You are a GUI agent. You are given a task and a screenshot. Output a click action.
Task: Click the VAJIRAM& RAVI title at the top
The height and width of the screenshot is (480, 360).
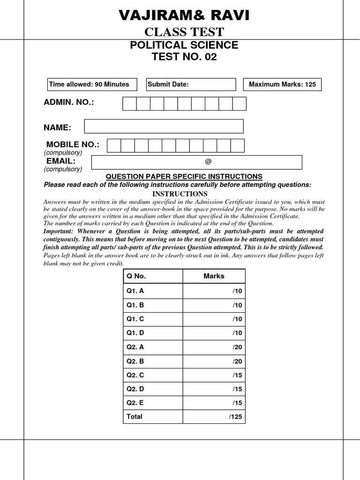(184, 16)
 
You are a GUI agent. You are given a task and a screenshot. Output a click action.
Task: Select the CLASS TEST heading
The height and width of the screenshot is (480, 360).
(184, 32)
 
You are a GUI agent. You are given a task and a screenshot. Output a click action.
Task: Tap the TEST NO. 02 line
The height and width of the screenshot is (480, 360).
(184, 57)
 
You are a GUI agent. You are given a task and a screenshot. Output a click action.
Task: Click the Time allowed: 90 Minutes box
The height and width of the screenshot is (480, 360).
(92, 84)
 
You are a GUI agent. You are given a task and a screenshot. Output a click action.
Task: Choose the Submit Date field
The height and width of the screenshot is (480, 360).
(191, 84)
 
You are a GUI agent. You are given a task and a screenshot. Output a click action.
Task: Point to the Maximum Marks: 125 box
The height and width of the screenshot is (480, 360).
(282, 84)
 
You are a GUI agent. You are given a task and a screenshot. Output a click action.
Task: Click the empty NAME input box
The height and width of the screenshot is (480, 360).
(164, 126)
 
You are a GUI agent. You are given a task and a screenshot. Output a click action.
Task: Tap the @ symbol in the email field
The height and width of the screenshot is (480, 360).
(208, 162)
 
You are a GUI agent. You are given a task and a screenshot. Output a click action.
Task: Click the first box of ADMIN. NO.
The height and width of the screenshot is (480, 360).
(129, 104)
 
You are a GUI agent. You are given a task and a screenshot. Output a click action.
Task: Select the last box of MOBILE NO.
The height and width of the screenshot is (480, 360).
(238, 146)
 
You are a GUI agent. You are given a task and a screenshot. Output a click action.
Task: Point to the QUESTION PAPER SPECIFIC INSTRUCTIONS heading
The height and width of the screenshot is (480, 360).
(184, 176)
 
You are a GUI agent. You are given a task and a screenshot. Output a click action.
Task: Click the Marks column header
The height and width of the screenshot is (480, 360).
(214, 276)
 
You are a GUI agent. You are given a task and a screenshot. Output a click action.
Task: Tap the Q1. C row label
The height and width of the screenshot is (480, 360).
(135, 319)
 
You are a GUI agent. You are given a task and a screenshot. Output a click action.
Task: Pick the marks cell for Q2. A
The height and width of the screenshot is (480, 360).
(214, 347)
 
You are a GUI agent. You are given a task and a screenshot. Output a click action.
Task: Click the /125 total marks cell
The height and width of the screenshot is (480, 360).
(214, 416)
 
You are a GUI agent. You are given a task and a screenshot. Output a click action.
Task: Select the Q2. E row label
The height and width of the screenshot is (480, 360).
(135, 403)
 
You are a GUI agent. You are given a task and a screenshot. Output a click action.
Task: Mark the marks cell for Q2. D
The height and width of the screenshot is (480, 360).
(214, 389)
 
